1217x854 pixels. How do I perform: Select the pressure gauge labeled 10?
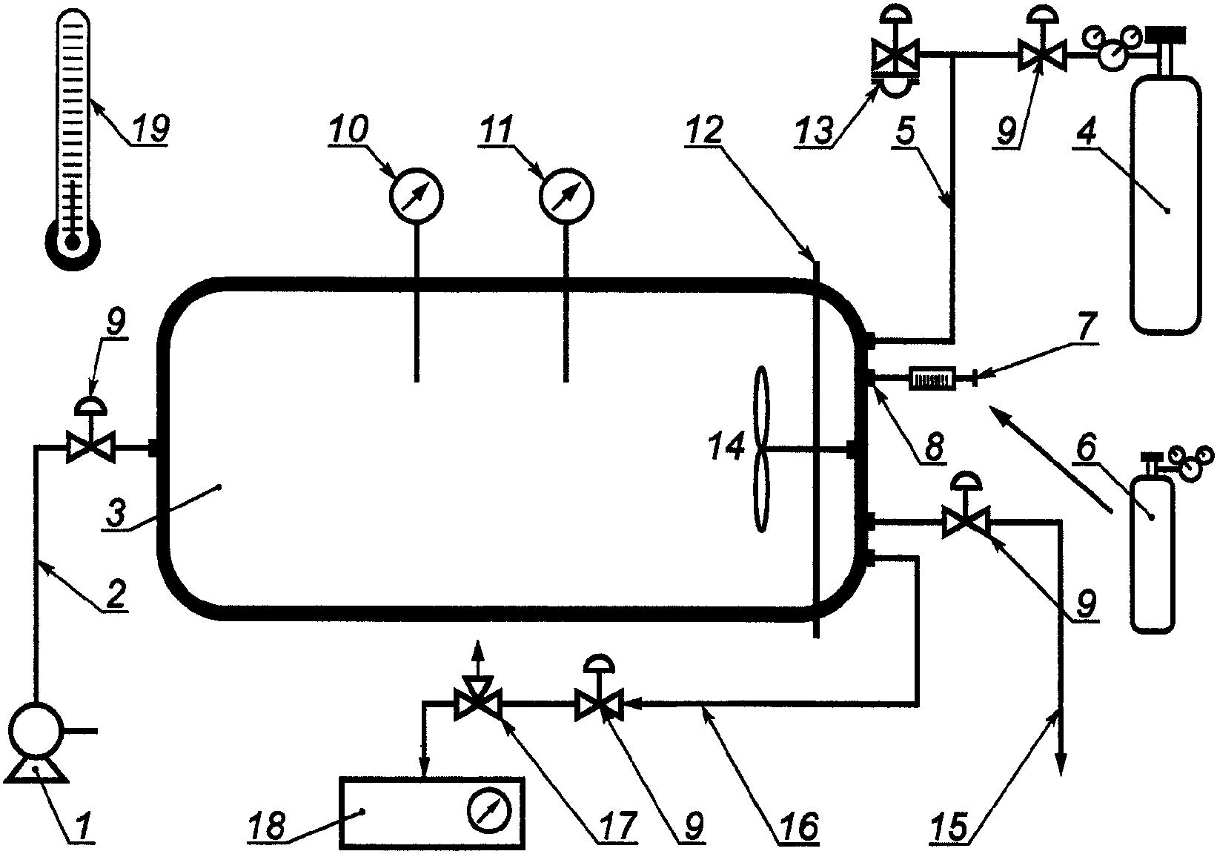point(417,196)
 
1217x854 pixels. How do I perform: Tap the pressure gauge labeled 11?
point(566,196)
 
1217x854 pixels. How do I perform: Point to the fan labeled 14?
point(761,448)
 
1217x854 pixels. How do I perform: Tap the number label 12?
point(703,130)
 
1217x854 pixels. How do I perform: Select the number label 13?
point(813,131)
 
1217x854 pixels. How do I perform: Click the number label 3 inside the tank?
point(117,512)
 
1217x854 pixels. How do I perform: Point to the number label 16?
point(799,827)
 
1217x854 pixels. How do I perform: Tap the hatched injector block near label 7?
point(932,379)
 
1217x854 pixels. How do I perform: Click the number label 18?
point(266,827)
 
